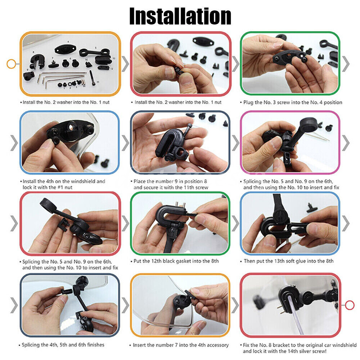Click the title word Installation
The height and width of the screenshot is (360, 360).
point(180,16)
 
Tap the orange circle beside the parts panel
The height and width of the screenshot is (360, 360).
point(11,64)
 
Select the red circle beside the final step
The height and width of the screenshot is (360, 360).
point(350,305)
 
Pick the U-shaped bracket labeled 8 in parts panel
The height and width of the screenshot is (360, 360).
point(37,60)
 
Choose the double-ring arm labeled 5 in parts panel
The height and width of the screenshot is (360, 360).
point(93,54)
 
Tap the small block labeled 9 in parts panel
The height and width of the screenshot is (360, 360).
point(29,76)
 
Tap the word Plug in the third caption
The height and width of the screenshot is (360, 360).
point(249,102)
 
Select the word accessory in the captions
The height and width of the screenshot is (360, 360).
point(216,345)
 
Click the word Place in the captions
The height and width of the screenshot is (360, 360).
point(140,181)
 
